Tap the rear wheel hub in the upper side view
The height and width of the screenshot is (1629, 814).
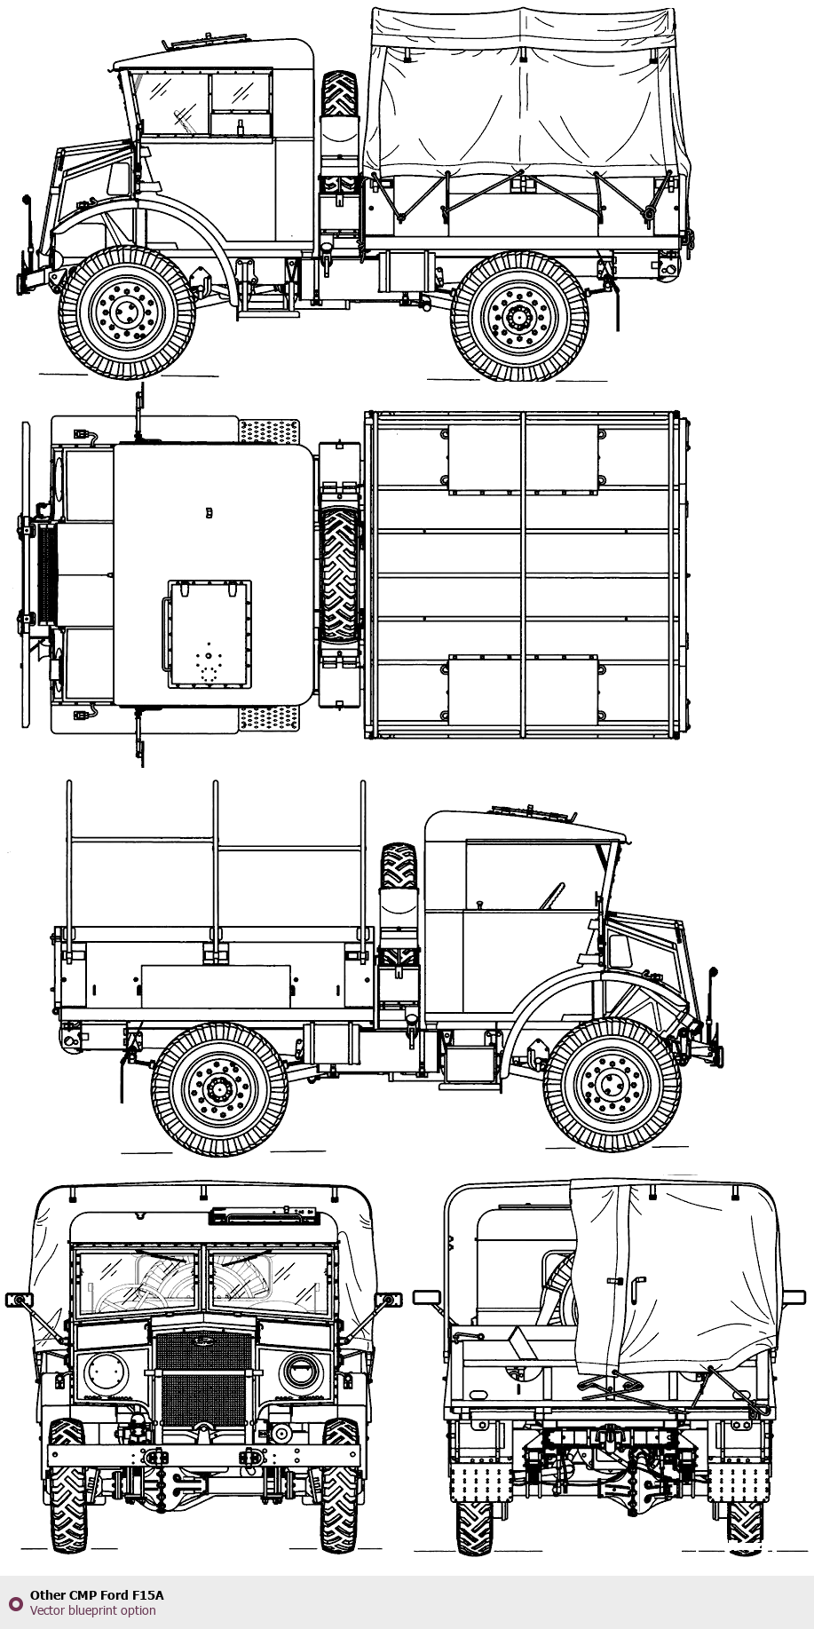tap(519, 315)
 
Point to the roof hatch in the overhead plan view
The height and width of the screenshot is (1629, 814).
tap(209, 634)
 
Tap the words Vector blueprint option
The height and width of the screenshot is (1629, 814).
tap(92, 1610)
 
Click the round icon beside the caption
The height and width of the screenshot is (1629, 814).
tap(15, 1602)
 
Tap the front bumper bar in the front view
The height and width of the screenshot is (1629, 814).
tap(203, 1456)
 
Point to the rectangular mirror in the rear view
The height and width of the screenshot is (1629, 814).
tap(428, 1297)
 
